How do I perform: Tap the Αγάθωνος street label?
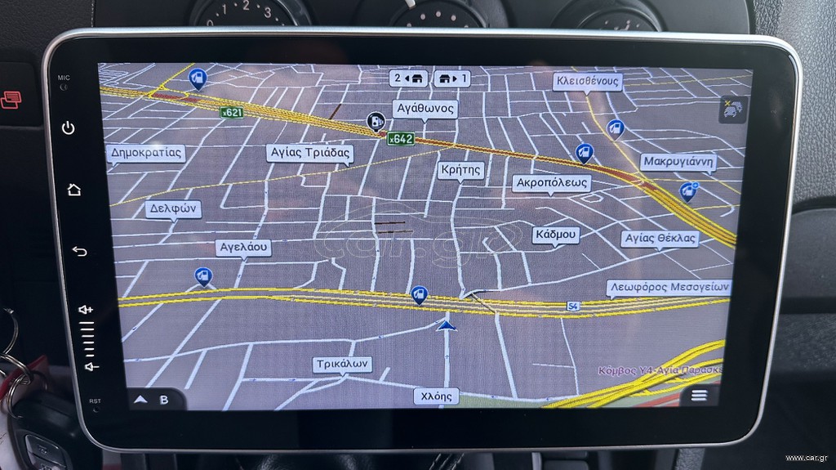425,109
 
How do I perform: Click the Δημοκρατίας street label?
146,153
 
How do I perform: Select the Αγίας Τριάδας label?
309,153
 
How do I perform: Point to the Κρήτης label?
460,170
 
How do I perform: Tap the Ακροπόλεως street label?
552,183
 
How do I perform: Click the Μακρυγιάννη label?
678,162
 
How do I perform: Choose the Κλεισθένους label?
587,81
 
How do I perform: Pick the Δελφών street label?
175,208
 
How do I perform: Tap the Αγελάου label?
244,247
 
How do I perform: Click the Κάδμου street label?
556,235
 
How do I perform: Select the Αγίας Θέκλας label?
660,239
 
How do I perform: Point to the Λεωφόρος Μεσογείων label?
669,288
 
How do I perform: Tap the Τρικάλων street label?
343,365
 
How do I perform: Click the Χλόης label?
435,396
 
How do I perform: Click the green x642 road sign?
400,139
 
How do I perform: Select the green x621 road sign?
232,113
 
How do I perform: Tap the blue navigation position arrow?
446,325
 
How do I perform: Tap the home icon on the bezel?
74,190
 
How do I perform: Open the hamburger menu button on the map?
699,396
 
